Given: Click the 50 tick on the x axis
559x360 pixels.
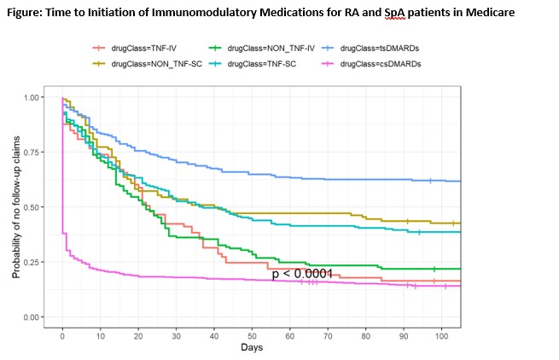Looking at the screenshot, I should click(x=252, y=338).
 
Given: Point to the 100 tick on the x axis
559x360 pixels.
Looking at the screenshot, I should click(x=441, y=338).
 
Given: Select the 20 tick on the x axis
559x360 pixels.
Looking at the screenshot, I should click(x=138, y=338).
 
